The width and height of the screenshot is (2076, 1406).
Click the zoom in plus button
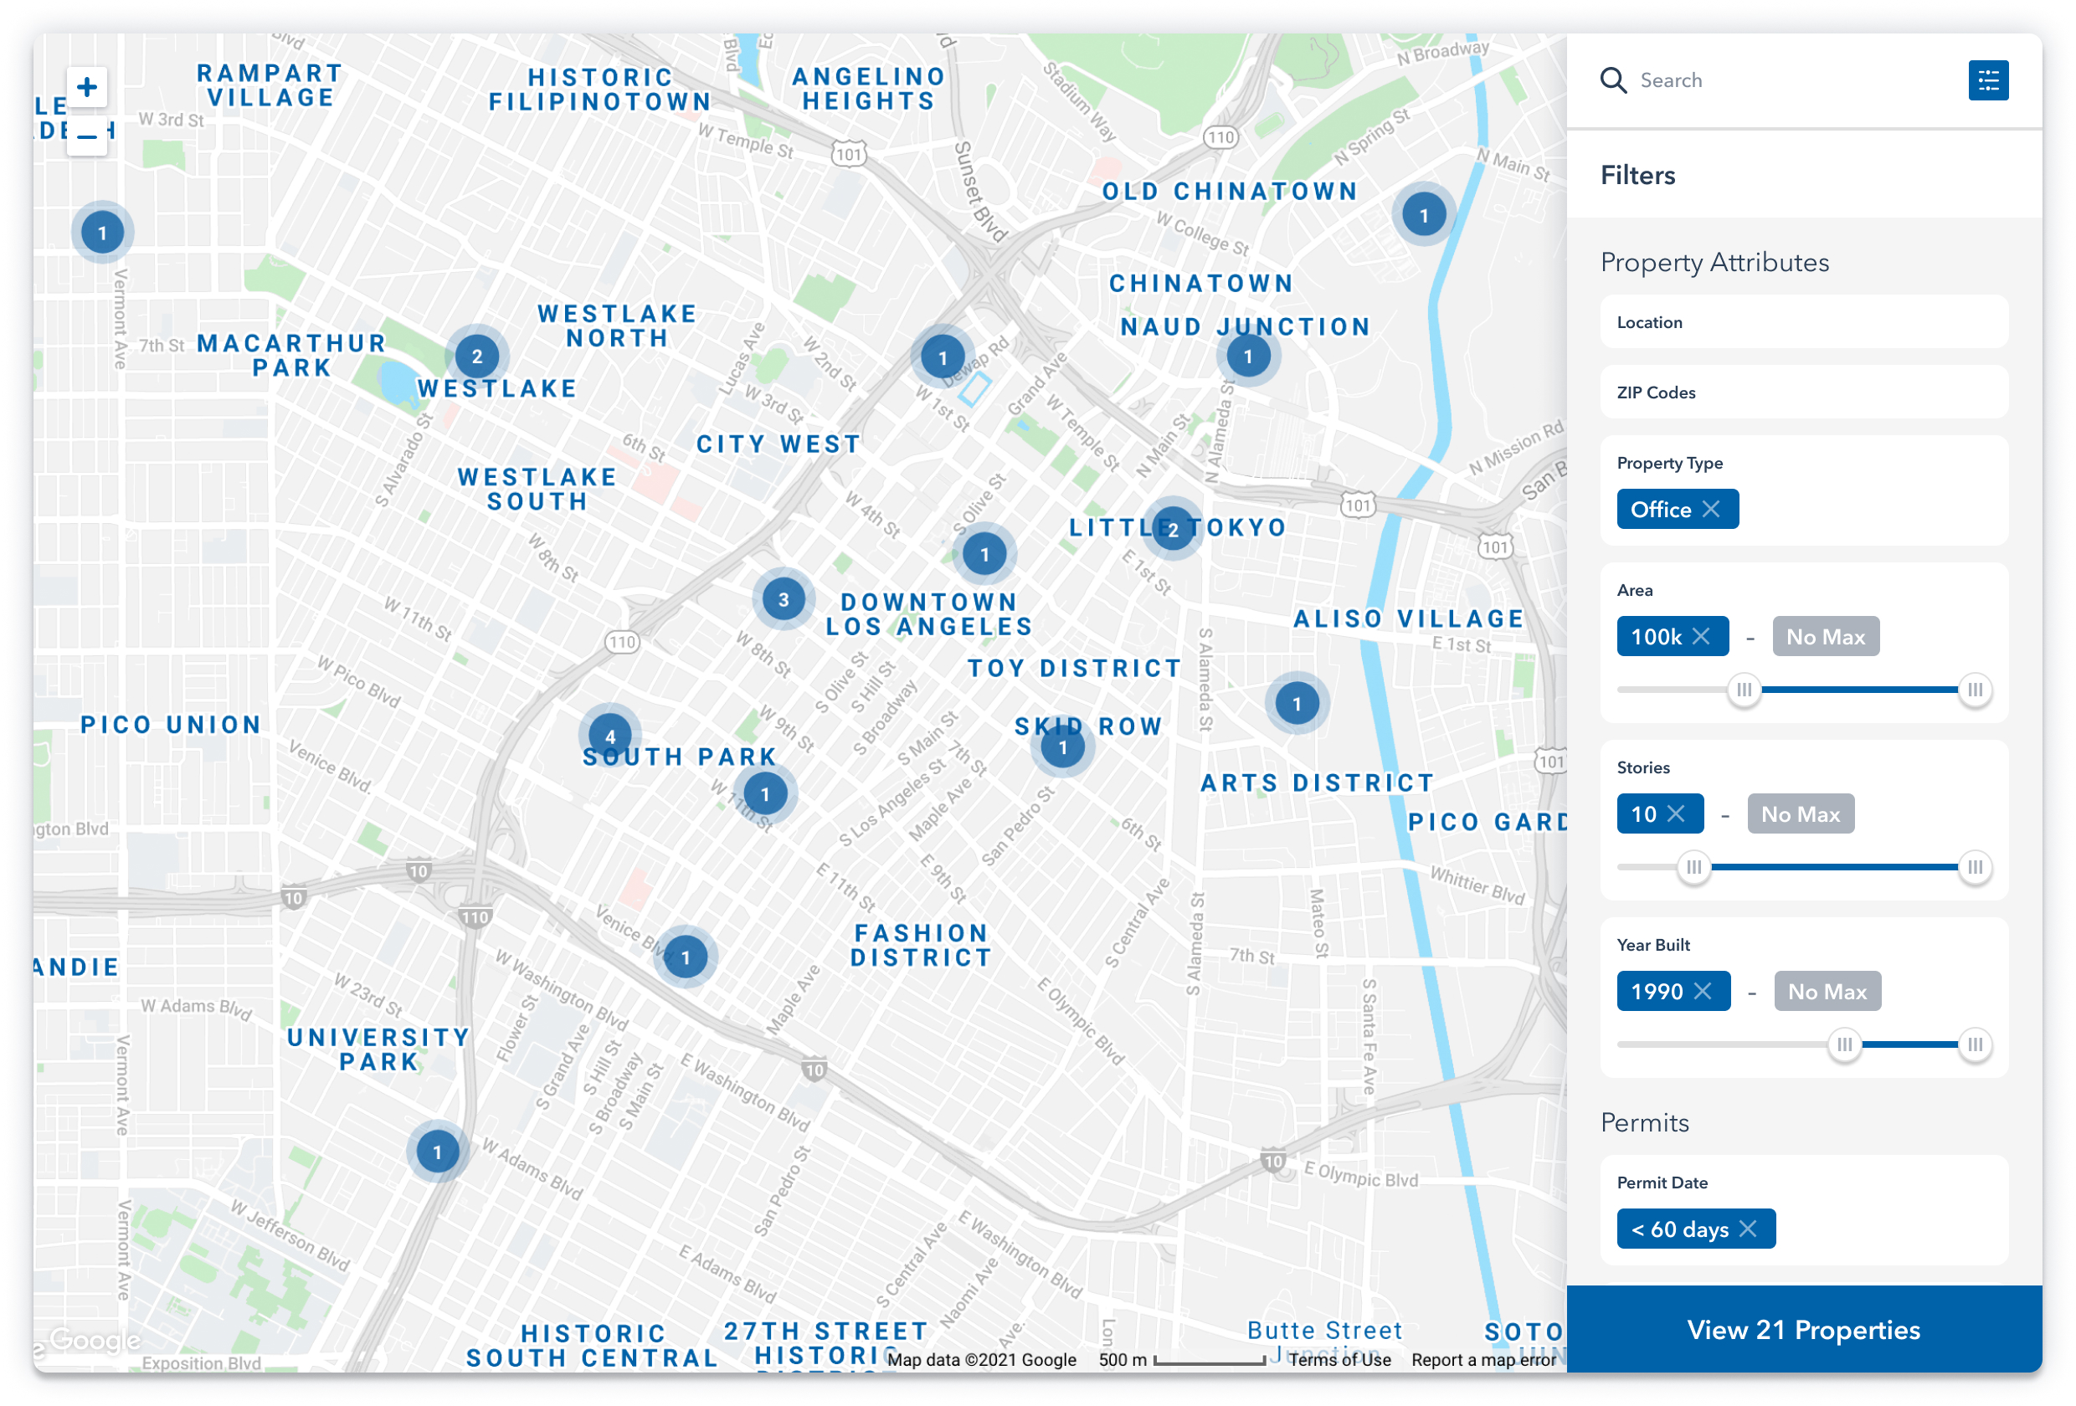87,87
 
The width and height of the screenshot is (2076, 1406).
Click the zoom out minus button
87,136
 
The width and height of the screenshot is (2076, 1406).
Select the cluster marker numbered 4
610,736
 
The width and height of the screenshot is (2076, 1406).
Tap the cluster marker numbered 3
784,599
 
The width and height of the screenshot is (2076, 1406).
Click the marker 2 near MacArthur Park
477,357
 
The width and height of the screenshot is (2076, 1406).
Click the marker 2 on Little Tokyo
1173,529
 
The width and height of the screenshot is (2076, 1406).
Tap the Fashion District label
921,945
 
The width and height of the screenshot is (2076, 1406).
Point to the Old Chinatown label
1229,191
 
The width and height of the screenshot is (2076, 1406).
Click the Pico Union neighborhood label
171,725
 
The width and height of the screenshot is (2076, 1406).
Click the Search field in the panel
1778,80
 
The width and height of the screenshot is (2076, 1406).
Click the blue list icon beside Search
1987,80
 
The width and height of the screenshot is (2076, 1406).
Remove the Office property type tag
1711,509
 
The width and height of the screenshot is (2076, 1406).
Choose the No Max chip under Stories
1800,813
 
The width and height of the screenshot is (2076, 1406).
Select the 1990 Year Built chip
1657,992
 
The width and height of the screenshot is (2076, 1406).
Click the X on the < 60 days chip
1748,1229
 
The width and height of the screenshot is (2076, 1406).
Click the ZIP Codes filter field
1804,393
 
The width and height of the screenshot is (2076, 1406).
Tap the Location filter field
1804,322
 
